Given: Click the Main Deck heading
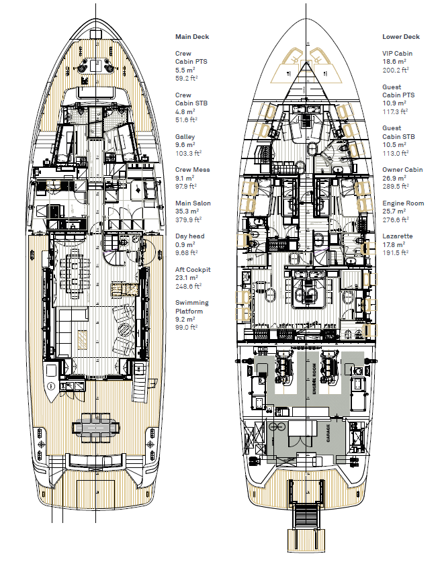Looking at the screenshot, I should (x=192, y=37).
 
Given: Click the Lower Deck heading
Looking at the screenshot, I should (x=401, y=37).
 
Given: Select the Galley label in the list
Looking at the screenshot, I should (x=185, y=137).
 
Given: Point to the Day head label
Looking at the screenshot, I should (x=189, y=236).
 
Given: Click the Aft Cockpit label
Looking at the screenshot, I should (x=193, y=269).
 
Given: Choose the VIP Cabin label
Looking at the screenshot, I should (x=397, y=54).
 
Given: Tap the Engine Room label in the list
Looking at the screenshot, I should (x=403, y=203).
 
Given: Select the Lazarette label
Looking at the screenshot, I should (x=398, y=236).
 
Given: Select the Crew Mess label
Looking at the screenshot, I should (x=192, y=170).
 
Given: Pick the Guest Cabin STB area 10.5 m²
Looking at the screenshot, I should (x=394, y=144).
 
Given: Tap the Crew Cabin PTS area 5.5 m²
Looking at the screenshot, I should (x=185, y=70).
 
